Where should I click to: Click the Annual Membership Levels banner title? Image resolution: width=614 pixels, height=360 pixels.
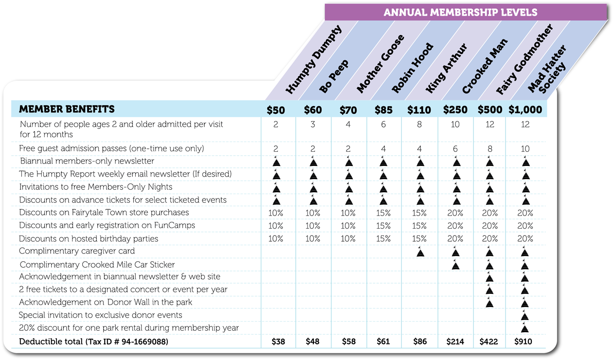(x=460, y=12)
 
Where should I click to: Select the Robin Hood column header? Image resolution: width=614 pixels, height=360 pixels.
(x=413, y=69)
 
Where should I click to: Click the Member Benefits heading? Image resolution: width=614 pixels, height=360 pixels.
(x=67, y=109)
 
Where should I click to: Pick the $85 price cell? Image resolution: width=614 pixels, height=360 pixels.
(x=383, y=110)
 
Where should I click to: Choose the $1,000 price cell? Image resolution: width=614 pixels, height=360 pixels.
(x=525, y=110)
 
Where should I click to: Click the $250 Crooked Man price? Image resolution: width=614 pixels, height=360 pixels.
(x=455, y=110)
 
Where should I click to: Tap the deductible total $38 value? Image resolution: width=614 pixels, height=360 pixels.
(x=278, y=342)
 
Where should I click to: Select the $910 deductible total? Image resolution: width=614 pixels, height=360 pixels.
(x=523, y=342)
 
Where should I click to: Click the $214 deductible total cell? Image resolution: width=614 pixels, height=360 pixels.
(x=455, y=342)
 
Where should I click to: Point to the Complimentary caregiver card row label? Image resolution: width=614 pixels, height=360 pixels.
(x=77, y=251)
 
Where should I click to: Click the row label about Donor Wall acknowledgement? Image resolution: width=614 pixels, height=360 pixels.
(x=105, y=302)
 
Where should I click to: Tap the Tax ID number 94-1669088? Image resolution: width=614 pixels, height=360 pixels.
(x=141, y=342)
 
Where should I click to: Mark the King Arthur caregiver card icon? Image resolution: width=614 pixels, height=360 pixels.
(x=420, y=252)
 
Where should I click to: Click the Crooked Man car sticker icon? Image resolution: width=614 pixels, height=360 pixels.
(x=455, y=265)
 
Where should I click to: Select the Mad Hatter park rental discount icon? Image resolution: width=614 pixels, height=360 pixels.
(x=524, y=328)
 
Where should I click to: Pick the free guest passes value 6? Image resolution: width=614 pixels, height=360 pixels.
(x=455, y=149)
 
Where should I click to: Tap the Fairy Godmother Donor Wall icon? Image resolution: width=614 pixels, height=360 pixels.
(x=489, y=302)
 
